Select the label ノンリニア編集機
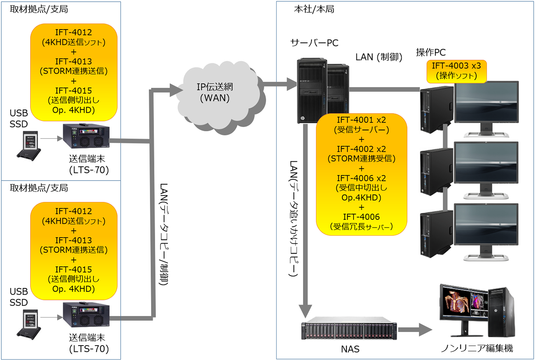click(477, 348)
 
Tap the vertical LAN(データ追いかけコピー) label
click(294, 218)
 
